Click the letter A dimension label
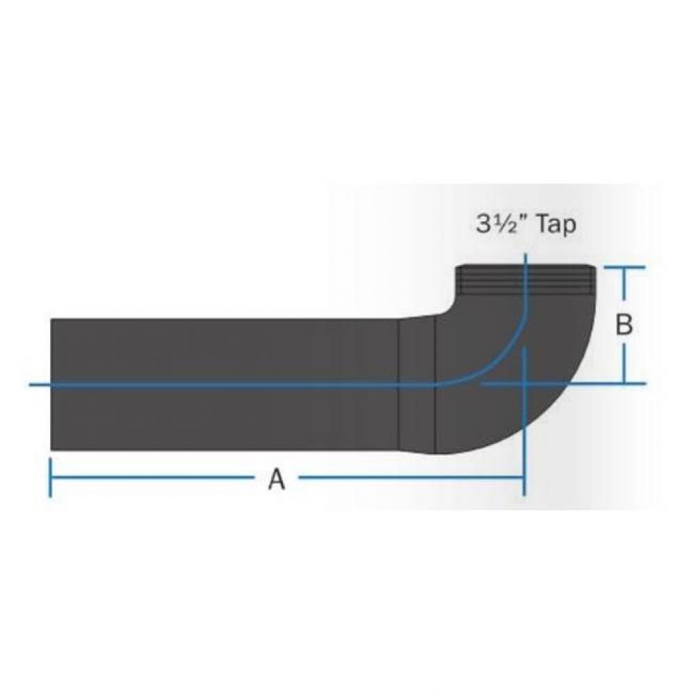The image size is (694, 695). click(277, 479)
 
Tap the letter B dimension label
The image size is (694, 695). click(624, 324)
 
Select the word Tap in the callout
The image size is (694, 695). click(553, 225)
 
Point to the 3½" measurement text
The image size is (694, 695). click(499, 225)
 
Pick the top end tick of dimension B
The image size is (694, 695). click(624, 267)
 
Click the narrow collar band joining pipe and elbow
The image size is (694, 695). click(417, 384)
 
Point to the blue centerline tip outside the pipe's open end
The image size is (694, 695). click(38, 384)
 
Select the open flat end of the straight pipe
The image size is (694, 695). click(52, 384)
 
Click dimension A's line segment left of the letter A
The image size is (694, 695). click(153, 477)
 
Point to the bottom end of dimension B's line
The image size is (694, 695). click(624, 383)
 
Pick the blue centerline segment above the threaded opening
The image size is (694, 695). click(526, 260)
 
